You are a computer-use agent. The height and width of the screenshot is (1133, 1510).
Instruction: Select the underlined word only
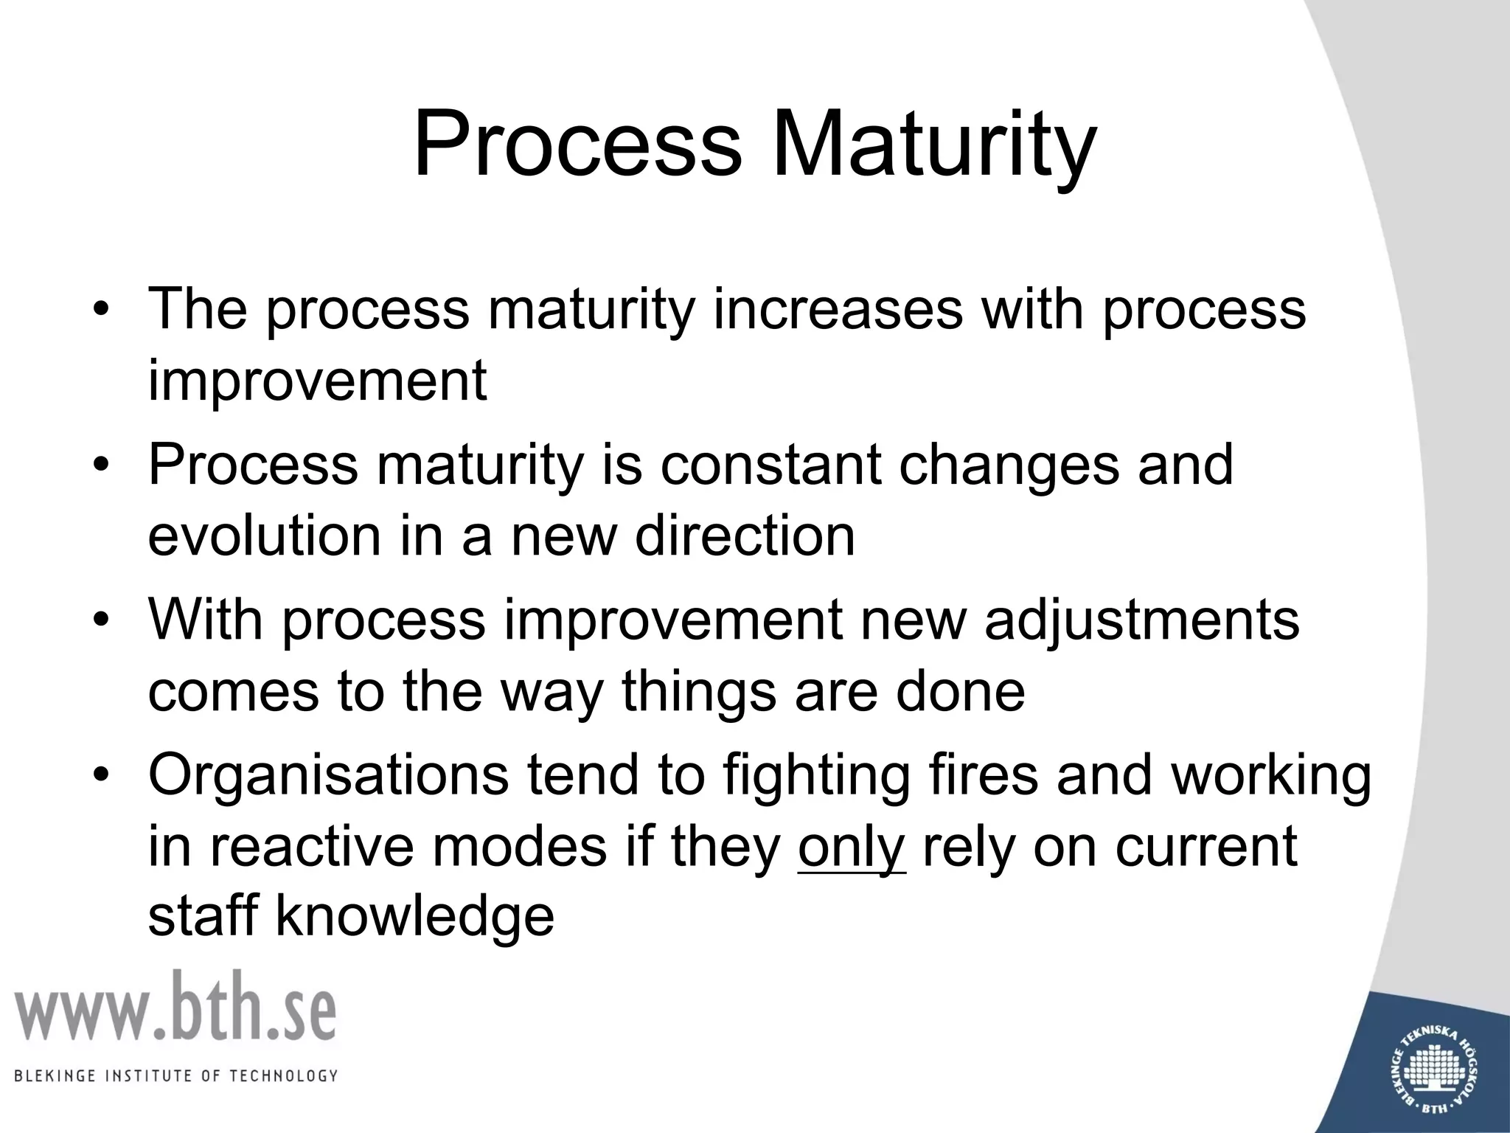[851, 847]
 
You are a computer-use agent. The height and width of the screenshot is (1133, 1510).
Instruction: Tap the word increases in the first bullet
[838, 308]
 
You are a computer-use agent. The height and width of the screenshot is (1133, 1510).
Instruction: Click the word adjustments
[1142, 620]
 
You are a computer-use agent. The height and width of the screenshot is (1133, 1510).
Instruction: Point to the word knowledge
[414, 917]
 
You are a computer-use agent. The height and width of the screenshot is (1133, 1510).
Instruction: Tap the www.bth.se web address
[175, 1006]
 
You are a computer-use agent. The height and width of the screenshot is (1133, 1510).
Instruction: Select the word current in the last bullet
[1205, 847]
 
